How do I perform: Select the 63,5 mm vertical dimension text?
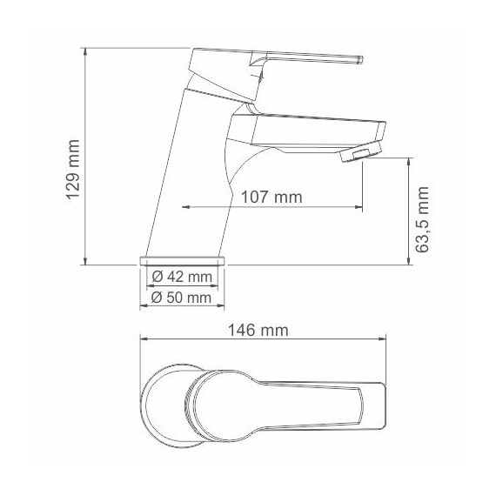[424, 219]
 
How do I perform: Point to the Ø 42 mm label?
[182, 278]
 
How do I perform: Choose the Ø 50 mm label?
[182, 297]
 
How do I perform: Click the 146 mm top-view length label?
[258, 330]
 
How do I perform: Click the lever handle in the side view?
[305, 60]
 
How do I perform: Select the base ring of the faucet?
[183, 260]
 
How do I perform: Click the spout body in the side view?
[305, 132]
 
